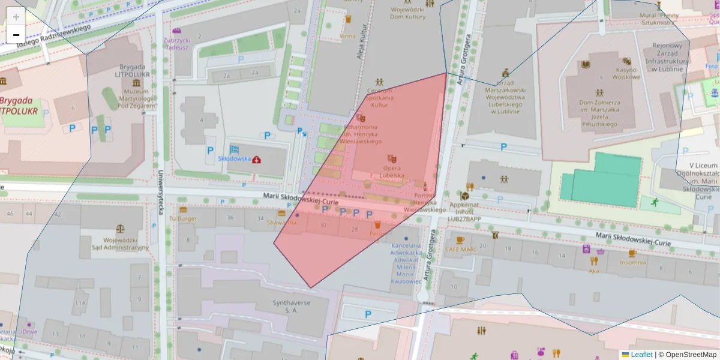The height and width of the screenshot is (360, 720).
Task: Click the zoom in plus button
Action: point(16,17)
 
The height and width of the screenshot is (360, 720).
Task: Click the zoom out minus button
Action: point(16,35)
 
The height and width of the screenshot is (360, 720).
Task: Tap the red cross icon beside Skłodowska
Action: point(257,159)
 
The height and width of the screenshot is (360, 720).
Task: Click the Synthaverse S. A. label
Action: point(292,307)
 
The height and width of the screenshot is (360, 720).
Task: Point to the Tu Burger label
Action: point(183,219)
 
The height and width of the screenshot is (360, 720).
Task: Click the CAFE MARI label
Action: point(460,249)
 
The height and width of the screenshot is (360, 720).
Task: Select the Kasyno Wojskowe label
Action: point(626,73)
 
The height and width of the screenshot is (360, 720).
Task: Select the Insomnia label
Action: point(633,262)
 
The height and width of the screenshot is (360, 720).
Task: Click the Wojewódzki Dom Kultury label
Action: point(408,13)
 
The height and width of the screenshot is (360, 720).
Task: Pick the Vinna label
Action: point(347,35)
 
